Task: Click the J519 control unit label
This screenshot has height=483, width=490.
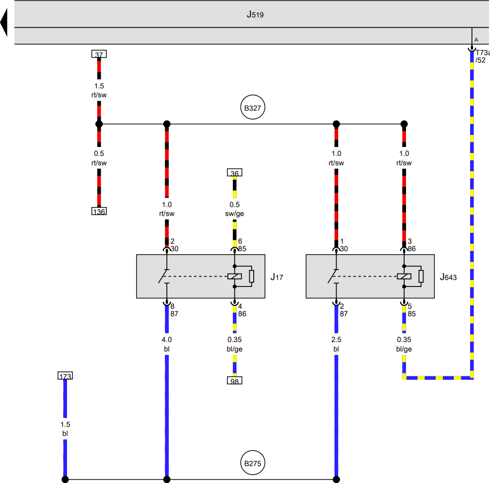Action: coord(255,14)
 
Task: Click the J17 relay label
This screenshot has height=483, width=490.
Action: coord(277,277)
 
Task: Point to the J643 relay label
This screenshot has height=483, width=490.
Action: coord(448,277)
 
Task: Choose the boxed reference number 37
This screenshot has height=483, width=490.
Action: coord(99,54)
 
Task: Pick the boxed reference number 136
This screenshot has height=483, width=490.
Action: coord(99,211)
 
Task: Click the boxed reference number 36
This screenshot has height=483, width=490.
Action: coord(234,172)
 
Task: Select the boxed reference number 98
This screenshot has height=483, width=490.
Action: coord(234,381)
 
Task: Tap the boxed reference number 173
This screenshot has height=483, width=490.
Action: coord(66,375)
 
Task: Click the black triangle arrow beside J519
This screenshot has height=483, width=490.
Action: coord(4,22)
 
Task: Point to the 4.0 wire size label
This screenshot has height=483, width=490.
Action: coord(167,340)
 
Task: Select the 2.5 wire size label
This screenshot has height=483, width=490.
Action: coord(336,340)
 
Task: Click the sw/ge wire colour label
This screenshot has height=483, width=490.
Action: coord(234,213)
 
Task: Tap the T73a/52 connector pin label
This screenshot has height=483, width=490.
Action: coord(482,56)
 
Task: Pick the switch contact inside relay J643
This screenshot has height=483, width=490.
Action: coord(333,276)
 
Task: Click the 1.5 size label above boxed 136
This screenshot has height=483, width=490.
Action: coord(99,86)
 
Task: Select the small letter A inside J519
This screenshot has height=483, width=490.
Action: coord(476,40)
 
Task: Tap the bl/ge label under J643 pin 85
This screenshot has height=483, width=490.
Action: coord(404,349)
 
